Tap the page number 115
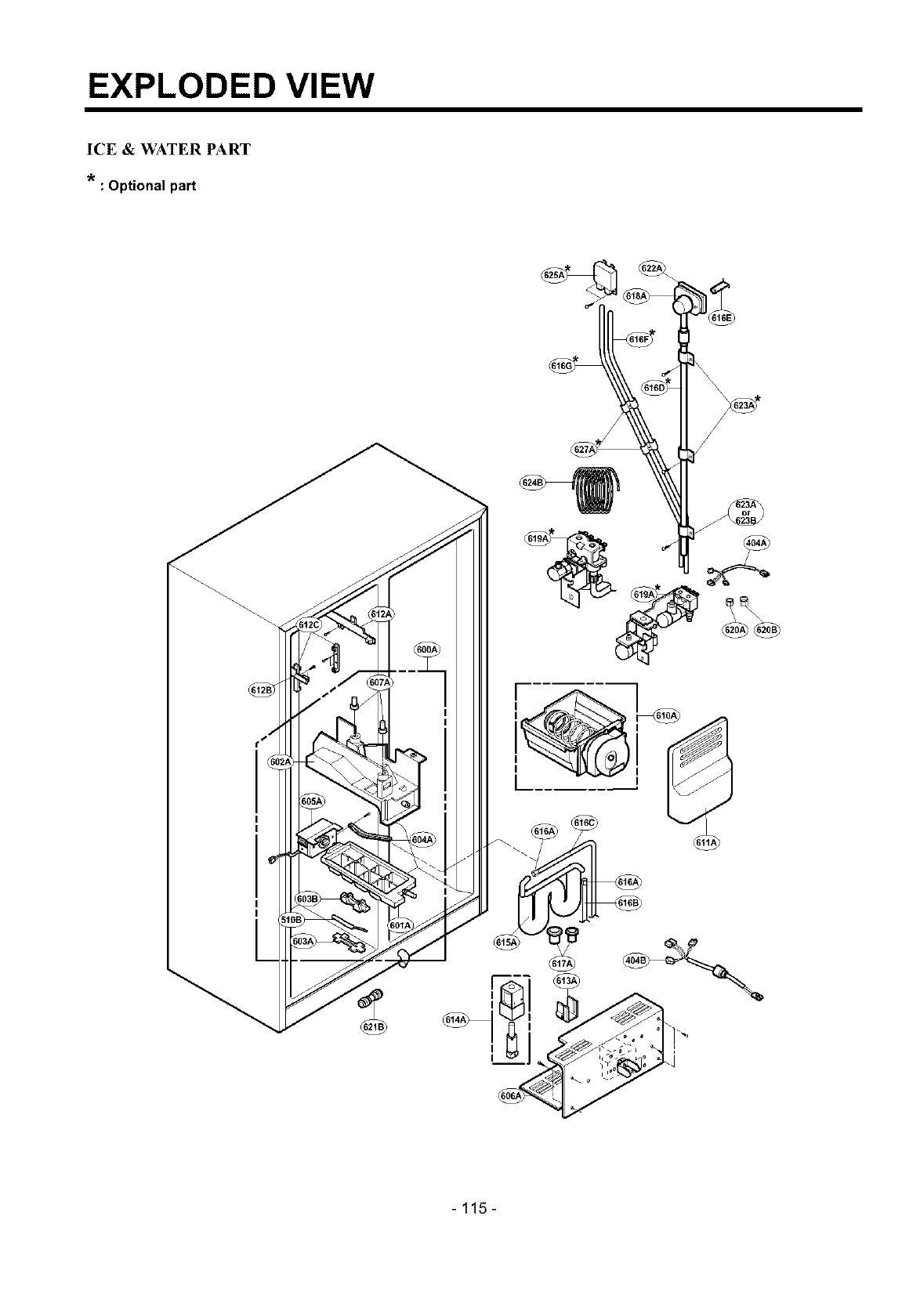(474, 1207)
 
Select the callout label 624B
(531, 481)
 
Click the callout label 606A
(510, 1095)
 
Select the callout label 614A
(455, 1019)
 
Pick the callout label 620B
(766, 629)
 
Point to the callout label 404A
(755, 543)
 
